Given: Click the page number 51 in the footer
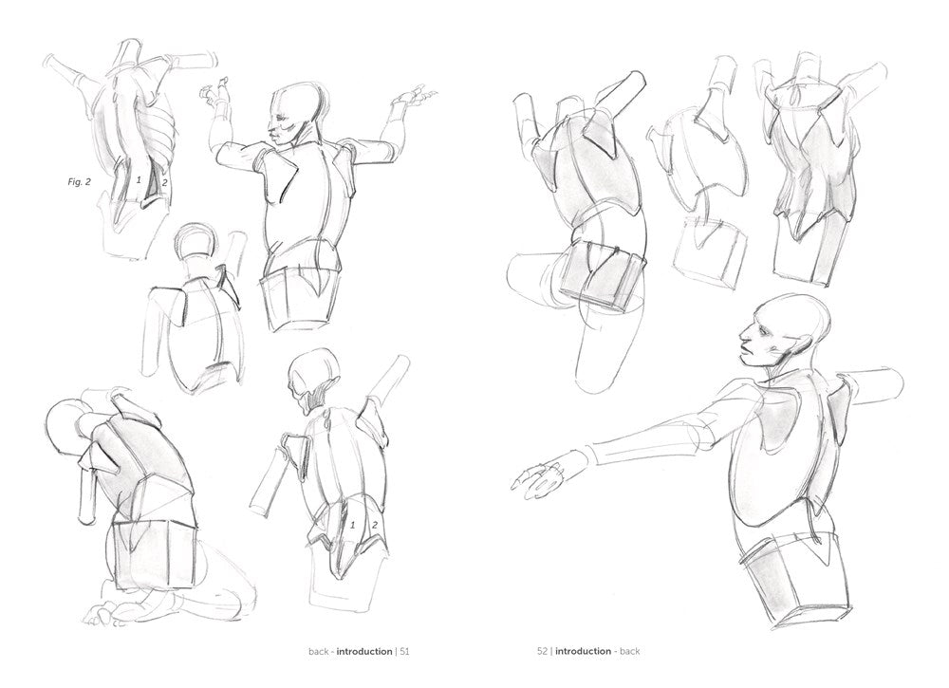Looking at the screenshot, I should [403, 652].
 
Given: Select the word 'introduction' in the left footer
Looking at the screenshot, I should [363, 652].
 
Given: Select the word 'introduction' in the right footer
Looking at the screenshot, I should [584, 652].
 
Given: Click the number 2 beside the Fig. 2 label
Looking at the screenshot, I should [164, 182].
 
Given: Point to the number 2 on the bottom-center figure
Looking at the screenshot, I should [375, 524].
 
